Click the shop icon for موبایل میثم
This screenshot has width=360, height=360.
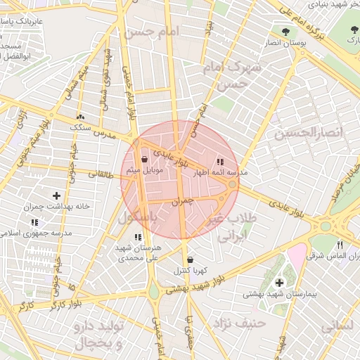[145, 160]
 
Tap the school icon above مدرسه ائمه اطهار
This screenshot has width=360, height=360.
[221, 162]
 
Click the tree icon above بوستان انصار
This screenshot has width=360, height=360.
[285, 32]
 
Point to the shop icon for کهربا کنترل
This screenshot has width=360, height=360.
[191, 259]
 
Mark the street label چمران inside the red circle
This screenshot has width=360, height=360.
[180, 201]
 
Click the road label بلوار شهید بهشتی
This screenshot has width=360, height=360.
[204, 281]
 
